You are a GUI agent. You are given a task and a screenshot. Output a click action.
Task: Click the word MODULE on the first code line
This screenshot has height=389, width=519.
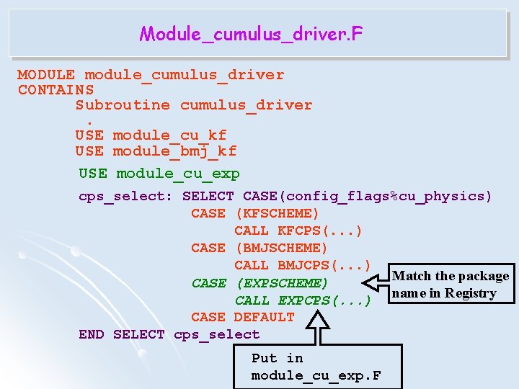click(x=46, y=75)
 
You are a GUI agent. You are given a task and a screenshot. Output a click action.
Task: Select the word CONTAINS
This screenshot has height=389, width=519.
click(x=56, y=90)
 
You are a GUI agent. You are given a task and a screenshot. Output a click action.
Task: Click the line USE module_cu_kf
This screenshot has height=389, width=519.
click(x=151, y=135)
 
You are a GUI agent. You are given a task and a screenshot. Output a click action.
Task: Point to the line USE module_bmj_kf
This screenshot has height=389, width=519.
click(x=156, y=151)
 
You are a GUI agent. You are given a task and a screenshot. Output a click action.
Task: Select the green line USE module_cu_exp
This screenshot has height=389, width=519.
click(x=159, y=174)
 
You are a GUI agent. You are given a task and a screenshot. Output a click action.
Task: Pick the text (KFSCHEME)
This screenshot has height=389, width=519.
click(x=277, y=213)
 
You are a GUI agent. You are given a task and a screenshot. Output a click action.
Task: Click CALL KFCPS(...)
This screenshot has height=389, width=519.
click(x=298, y=231)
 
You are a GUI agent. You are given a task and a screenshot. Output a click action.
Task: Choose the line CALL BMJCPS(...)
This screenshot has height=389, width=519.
click(x=302, y=265)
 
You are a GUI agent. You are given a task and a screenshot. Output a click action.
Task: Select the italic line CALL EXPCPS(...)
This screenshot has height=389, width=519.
click(x=302, y=300)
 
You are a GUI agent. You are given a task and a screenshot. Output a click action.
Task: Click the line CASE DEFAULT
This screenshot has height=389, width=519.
click(x=242, y=317)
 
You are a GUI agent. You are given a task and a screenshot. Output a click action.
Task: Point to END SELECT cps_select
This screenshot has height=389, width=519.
click(x=169, y=334)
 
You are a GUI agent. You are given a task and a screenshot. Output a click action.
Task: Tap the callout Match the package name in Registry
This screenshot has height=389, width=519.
click(x=450, y=285)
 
